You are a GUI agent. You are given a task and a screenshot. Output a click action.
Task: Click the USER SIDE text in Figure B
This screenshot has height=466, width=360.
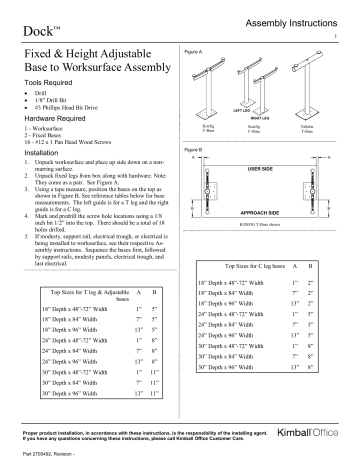point(273,170)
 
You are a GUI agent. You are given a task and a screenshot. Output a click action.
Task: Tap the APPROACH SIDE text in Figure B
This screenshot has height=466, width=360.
point(273,212)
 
